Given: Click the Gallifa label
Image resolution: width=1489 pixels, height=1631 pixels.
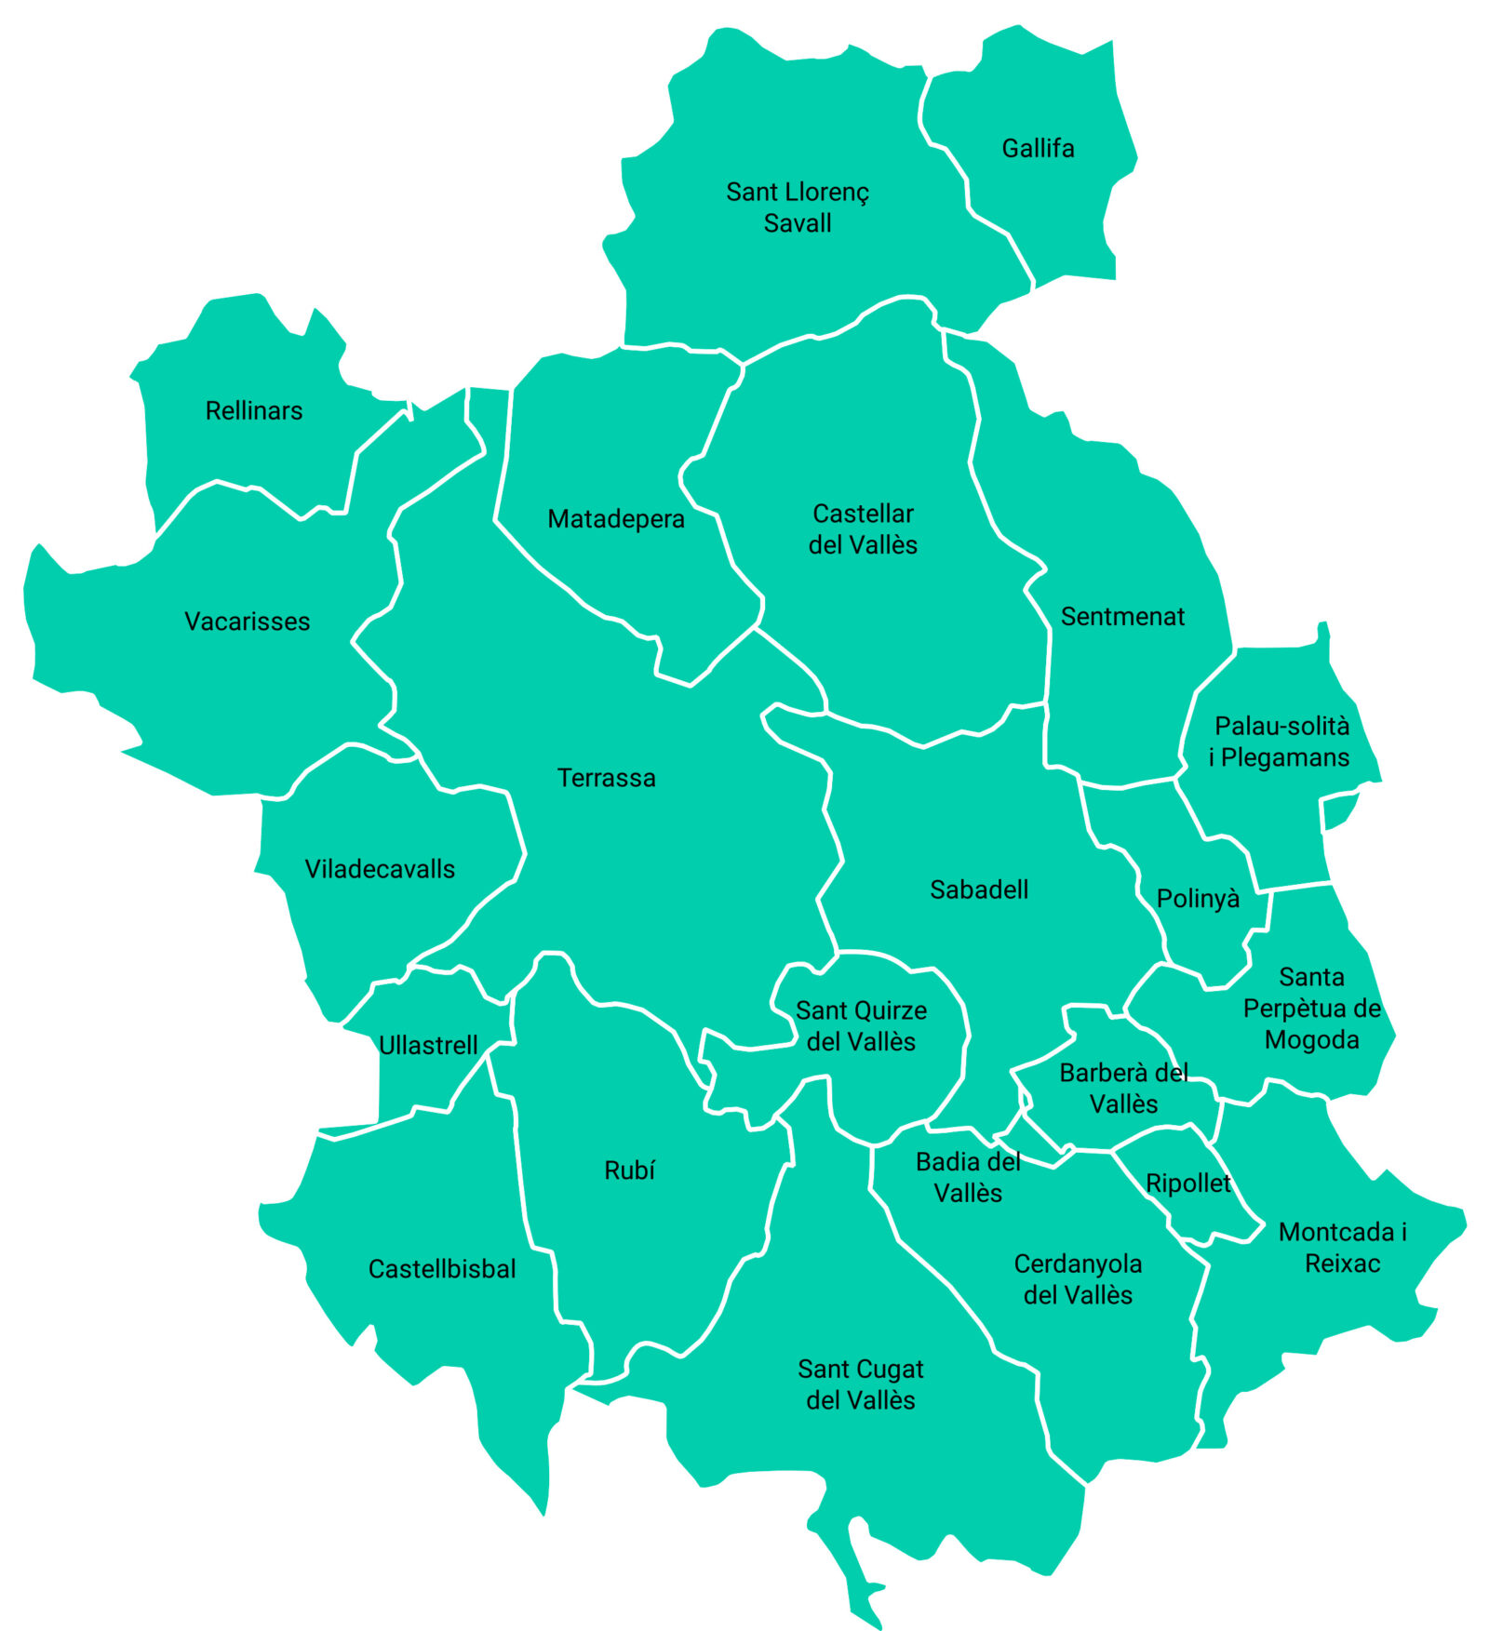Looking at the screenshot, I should pos(1038,148).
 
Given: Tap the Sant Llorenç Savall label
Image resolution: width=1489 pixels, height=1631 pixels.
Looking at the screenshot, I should pos(798,207).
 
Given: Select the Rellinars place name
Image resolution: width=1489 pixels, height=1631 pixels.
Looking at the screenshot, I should pos(254,410).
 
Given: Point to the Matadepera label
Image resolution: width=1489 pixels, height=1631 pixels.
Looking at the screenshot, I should pos(616,518).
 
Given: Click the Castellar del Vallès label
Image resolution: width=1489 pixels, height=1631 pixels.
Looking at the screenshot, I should pos(863,528).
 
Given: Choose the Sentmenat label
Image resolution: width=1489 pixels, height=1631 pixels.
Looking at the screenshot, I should pos(1122,616).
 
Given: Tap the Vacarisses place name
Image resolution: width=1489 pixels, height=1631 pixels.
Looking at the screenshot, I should pos(248,621).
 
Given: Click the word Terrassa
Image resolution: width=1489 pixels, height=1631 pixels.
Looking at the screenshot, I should pos(607,777).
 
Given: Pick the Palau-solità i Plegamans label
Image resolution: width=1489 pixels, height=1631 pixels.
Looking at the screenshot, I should pos(1281,742).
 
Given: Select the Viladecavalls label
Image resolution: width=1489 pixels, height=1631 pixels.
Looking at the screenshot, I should pos(380,868).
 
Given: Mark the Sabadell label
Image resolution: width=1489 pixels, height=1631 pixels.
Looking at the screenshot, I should pos(979,889).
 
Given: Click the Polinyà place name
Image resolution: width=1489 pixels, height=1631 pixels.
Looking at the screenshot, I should pos(1198,899).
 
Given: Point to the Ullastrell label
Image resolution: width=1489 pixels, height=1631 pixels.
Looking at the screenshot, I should pos(428,1045).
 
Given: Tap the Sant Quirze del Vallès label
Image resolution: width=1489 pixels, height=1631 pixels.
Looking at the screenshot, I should pos(861,1025).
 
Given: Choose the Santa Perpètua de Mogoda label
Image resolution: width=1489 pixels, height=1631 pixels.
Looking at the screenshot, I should pos(1311,1008).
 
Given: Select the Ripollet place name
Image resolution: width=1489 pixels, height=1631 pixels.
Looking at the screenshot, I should pos(1188,1183).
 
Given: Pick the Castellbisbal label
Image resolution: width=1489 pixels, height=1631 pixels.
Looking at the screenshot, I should pos(442,1268).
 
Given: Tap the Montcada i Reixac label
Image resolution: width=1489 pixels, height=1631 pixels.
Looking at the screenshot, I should pos(1342,1247).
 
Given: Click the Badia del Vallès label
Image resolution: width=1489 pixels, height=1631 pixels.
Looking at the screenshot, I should pos(968,1177).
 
